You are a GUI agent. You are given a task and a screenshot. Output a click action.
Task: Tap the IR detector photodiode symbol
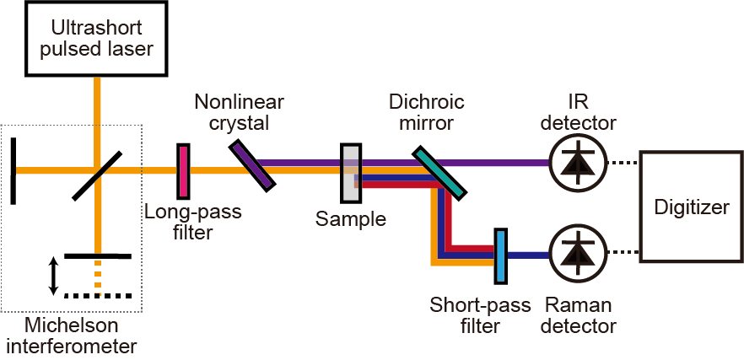pos(577,163)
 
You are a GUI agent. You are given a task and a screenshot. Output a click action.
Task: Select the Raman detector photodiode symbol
pos(577,254)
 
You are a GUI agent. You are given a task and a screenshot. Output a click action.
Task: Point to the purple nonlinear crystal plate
pos(252,165)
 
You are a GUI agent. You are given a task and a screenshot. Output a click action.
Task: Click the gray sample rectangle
pos(351,173)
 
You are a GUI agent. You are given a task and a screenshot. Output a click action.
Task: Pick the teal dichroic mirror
pos(439,173)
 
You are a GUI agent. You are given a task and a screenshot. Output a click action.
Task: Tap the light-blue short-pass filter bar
pos(500,256)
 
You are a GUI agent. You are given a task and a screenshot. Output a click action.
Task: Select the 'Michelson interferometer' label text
pos(71,336)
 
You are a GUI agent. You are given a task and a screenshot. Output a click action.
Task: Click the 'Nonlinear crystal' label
pos(239,112)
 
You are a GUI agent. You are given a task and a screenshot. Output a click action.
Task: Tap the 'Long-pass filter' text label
pos(193,221)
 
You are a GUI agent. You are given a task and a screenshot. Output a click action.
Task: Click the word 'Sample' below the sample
pos(351,220)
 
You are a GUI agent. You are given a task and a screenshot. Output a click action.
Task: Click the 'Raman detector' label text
pos(578,314)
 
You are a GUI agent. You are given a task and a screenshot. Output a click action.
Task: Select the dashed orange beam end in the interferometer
pos(98,278)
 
